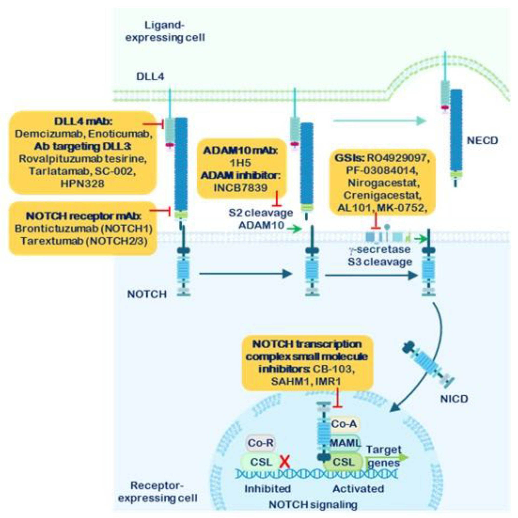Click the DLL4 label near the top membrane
click(150, 77)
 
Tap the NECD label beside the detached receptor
click(482, 140)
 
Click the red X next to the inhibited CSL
click(285, 462)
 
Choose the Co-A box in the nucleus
click(344, 424)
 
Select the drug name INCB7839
click(240, 187)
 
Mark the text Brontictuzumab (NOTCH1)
click(83, 229)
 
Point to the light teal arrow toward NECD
click(379, 121)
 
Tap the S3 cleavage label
click(380, 262)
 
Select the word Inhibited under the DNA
click(267, 489)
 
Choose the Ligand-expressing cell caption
click(165, 31)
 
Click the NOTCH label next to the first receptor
click(147, 294)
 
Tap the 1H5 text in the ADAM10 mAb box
click(240, 163)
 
